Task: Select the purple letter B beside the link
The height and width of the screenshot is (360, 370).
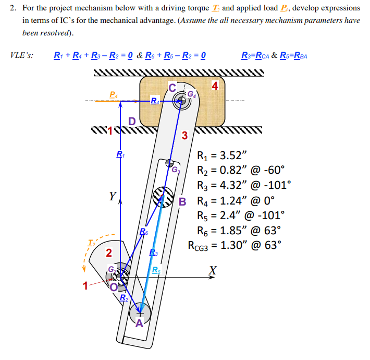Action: click(182, 201)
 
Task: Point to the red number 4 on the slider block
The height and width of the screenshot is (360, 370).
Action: click(215, 85)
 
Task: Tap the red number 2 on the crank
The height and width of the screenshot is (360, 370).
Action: click(108, 254)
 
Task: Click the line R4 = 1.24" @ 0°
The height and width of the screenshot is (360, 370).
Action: click(235, 200)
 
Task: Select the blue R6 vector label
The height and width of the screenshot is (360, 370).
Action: click(144, 231)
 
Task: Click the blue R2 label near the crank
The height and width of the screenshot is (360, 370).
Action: click(124, 298)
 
